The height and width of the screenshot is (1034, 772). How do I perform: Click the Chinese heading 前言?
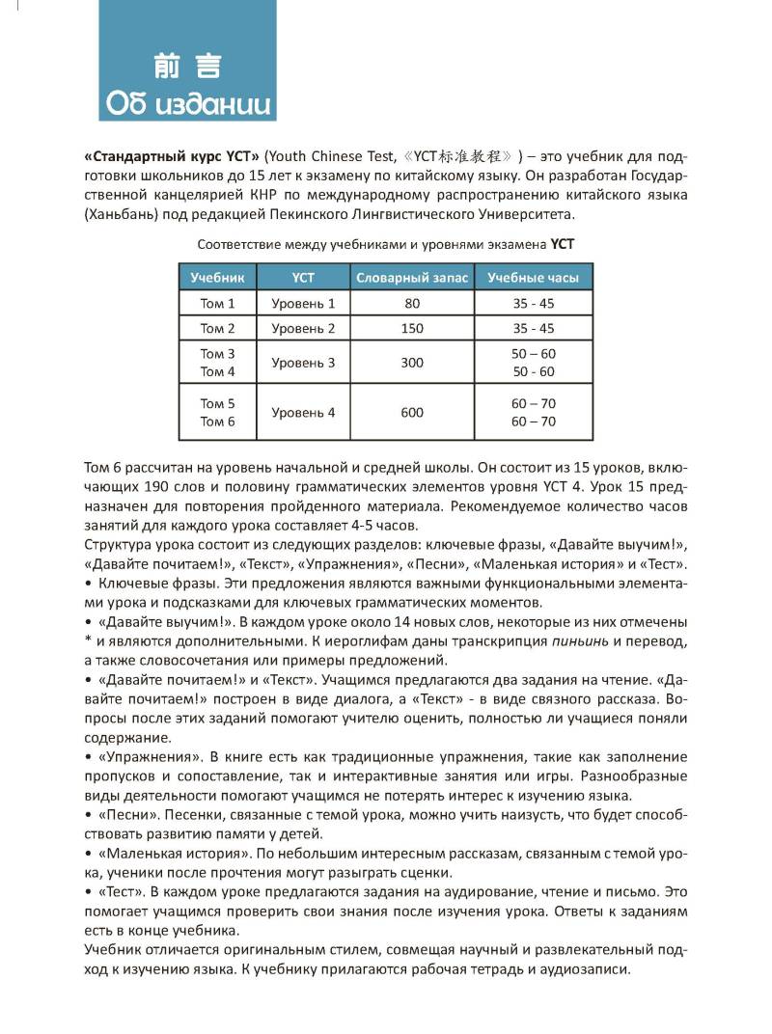click(x=187, y=66)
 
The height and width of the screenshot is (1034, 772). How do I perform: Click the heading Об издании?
click(x=187, y=102)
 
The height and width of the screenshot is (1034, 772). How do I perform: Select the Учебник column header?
click(x=217, y=278)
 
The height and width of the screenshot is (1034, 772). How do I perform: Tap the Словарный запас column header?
click(x=412, y=278)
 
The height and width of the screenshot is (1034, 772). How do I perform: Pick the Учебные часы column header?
click(x=533, y=278)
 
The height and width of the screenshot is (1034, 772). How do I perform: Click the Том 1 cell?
click(x=217, y=304)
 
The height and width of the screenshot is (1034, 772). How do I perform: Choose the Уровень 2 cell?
click(x=303, y=328)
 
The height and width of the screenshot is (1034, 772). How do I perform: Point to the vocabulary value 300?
click(x=412, y=363)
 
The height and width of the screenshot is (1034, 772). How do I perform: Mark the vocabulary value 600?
click(x=412, y=413)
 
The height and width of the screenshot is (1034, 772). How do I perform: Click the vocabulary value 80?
click(x=412, y=304)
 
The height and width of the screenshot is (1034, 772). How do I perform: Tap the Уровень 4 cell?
click(x=303, y=413)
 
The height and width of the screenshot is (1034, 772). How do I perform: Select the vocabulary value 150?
click(x=412, y=328)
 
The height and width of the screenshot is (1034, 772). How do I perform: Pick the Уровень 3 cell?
click(x=303, y=363)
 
